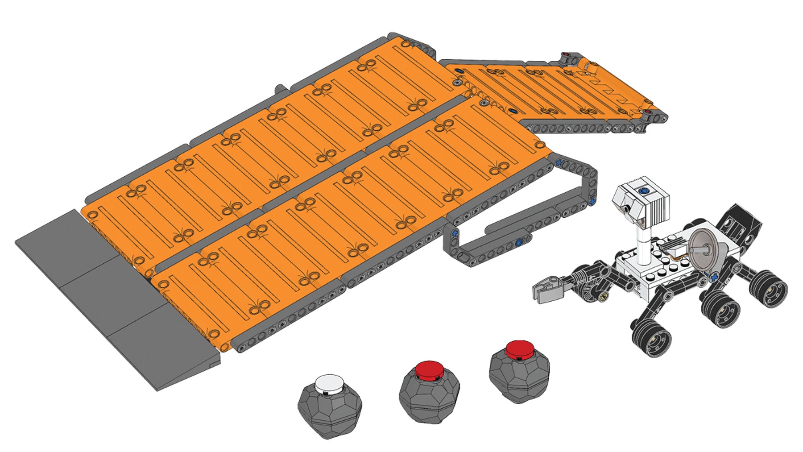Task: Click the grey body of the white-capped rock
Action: point(330,413)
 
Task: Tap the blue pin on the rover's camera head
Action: point(643,191)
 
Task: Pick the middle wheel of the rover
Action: point(720,309)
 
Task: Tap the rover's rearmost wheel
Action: point(769,289)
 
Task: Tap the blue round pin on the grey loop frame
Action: point(518,243)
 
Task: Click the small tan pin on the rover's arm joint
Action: point(605,294)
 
